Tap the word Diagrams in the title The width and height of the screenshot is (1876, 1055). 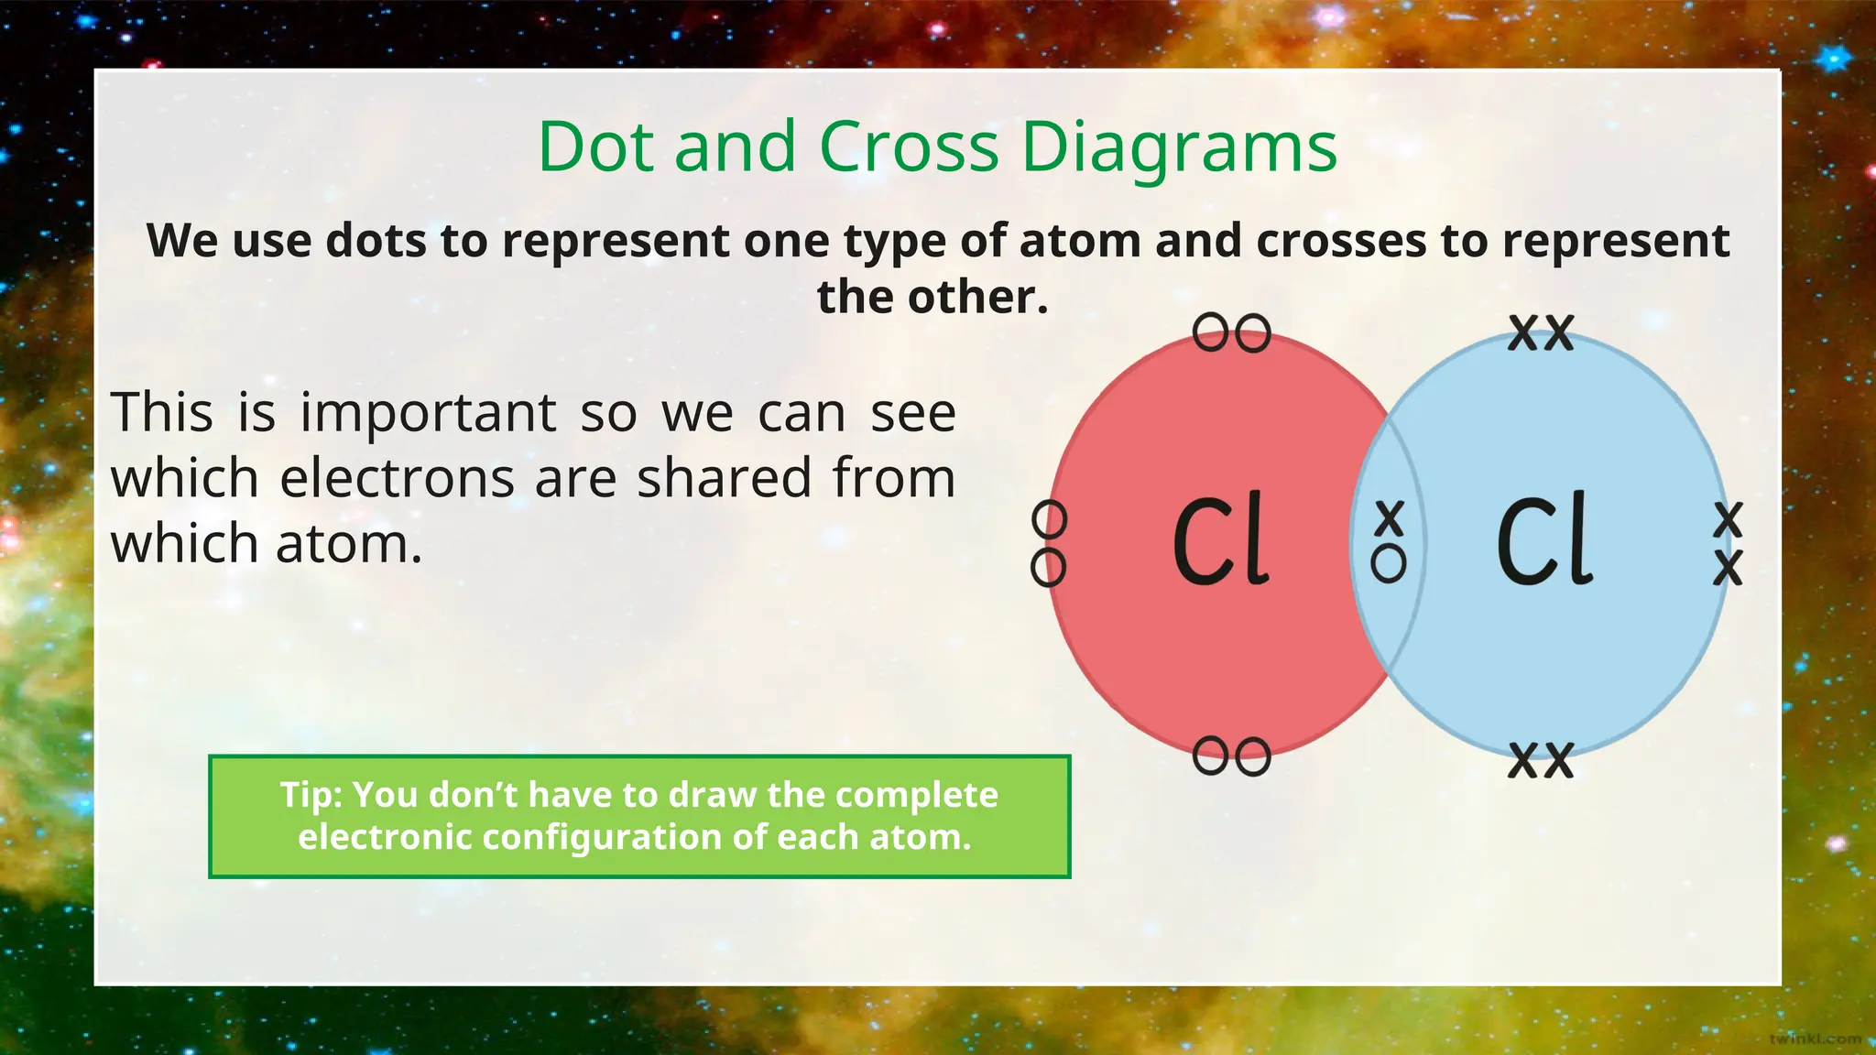pos(1178,148)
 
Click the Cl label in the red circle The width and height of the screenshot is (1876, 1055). pos(1221,540)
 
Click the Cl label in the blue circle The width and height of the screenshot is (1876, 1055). pos(1544,540)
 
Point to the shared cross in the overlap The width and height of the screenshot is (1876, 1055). pos(1390,517)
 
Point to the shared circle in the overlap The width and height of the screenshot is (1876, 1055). pos(1389,563)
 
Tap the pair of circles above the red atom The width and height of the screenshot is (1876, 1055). pos(1232,332)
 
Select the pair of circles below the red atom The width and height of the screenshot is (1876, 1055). pos(1232,756)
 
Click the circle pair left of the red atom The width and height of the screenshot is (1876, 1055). pos(1049,544)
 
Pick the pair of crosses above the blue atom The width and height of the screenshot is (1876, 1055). pos(1541,332)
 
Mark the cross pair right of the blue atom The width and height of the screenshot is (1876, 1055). pos(1728,544)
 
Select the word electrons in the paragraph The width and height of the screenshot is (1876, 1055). pos(397,478)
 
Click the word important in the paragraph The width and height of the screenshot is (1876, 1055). pos(428,413)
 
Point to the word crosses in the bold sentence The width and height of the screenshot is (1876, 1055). pos(1341,241)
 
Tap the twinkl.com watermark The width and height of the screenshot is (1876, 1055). pos(1815,1039)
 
